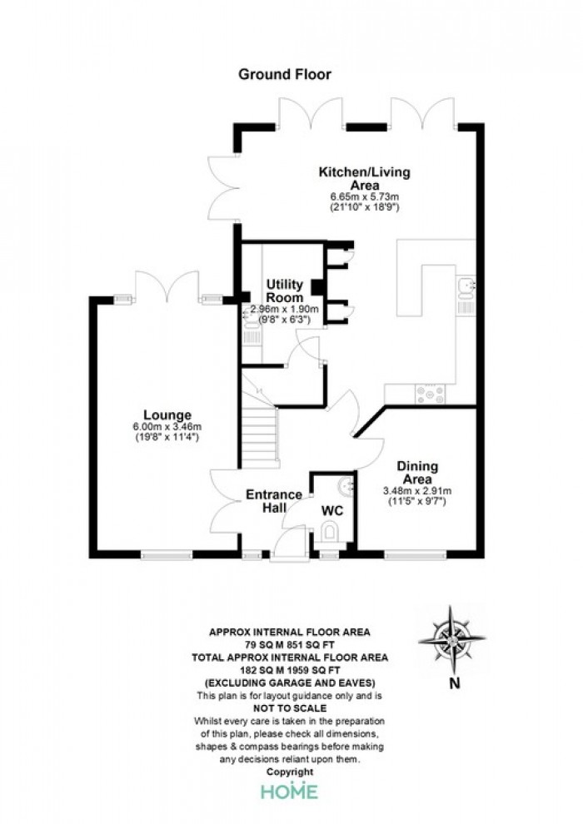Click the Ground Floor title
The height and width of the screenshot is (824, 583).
284,74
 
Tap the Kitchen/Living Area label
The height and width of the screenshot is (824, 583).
365,179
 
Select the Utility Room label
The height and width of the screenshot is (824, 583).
284,290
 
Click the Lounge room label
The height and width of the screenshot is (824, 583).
167,415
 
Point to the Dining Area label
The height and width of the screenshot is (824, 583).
417,473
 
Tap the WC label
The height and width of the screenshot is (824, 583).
331,510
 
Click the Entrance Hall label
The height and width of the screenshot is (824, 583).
274,501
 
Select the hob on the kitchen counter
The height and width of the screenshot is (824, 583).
430,395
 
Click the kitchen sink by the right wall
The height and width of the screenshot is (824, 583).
466,289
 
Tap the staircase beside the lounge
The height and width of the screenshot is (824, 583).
259,436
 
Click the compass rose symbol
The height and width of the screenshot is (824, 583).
451,639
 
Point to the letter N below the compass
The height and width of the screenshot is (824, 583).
455,683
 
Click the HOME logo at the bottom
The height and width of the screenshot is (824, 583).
290,792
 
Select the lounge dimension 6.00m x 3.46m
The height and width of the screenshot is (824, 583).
167,427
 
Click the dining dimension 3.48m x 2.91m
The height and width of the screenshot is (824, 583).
417,491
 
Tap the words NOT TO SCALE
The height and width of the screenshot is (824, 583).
290,708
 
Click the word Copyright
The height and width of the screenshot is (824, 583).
290,772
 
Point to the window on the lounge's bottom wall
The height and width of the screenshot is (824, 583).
167,554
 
